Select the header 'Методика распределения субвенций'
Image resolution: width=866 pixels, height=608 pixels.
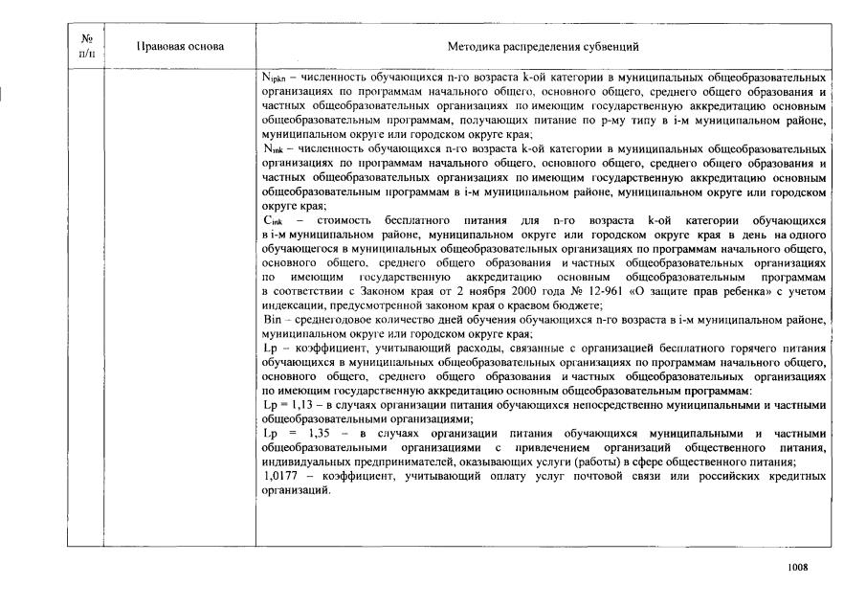(x=543, y=45)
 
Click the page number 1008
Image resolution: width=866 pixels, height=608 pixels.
(x=797, y=567)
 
